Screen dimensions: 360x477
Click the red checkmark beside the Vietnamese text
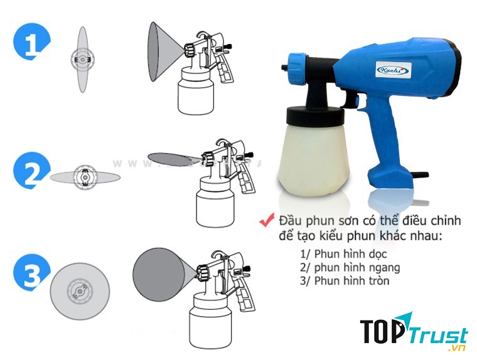point(267,221)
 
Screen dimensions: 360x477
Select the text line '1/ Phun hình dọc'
point(343,255)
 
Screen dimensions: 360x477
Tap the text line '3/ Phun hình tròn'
point(345,280)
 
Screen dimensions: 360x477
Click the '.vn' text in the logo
point(457,348)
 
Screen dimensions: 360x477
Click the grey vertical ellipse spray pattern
point(82,60)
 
